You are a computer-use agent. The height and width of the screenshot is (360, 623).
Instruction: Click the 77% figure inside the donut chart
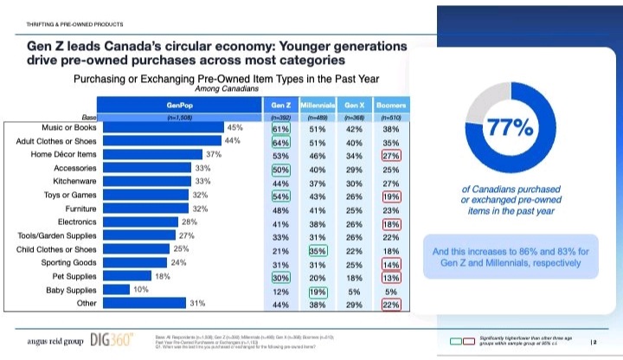tap(510, 128)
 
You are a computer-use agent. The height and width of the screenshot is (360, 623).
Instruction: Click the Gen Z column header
tap(279, 104)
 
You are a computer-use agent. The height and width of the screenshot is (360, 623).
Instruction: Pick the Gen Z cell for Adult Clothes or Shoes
tap(279, 141)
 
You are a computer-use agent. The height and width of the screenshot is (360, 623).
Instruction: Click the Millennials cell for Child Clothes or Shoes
tap(317, 249)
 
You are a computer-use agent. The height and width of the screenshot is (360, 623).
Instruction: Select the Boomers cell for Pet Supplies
tap(391, 277)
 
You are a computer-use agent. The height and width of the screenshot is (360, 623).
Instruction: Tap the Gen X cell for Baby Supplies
tap(354, 290)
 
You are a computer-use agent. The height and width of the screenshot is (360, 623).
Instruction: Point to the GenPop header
tap(180, 104)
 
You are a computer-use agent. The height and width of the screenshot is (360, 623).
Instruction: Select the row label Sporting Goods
tap(68, 262)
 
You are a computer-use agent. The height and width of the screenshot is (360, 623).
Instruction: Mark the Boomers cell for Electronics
tap(391, 222)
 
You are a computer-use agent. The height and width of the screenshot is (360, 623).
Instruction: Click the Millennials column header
tap(317, 104)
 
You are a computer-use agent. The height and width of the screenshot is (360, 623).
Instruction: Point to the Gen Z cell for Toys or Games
tap(279, 196)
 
